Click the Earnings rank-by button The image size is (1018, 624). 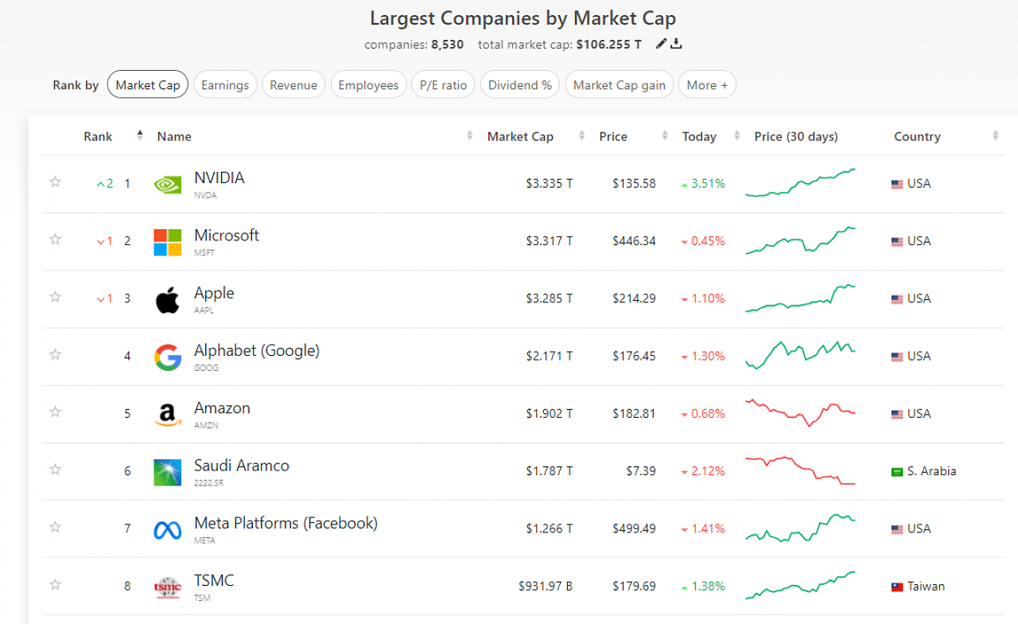225,84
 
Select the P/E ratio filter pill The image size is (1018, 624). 443,84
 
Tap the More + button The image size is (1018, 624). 707,84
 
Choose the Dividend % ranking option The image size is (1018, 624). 520,84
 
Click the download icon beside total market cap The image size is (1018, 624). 676,44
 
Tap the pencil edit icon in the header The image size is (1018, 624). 661,44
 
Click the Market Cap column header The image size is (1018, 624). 520,136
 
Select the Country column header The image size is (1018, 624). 917,136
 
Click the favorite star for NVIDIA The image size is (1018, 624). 56,182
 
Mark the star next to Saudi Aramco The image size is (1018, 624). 56,470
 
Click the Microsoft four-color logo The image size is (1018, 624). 167,242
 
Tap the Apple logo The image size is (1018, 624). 167,300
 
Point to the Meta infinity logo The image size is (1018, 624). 167,530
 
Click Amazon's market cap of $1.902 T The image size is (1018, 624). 549,413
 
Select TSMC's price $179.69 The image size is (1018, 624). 634,586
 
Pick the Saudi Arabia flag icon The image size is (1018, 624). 897,472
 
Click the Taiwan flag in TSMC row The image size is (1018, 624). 897,587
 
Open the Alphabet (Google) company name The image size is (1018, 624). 257,351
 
